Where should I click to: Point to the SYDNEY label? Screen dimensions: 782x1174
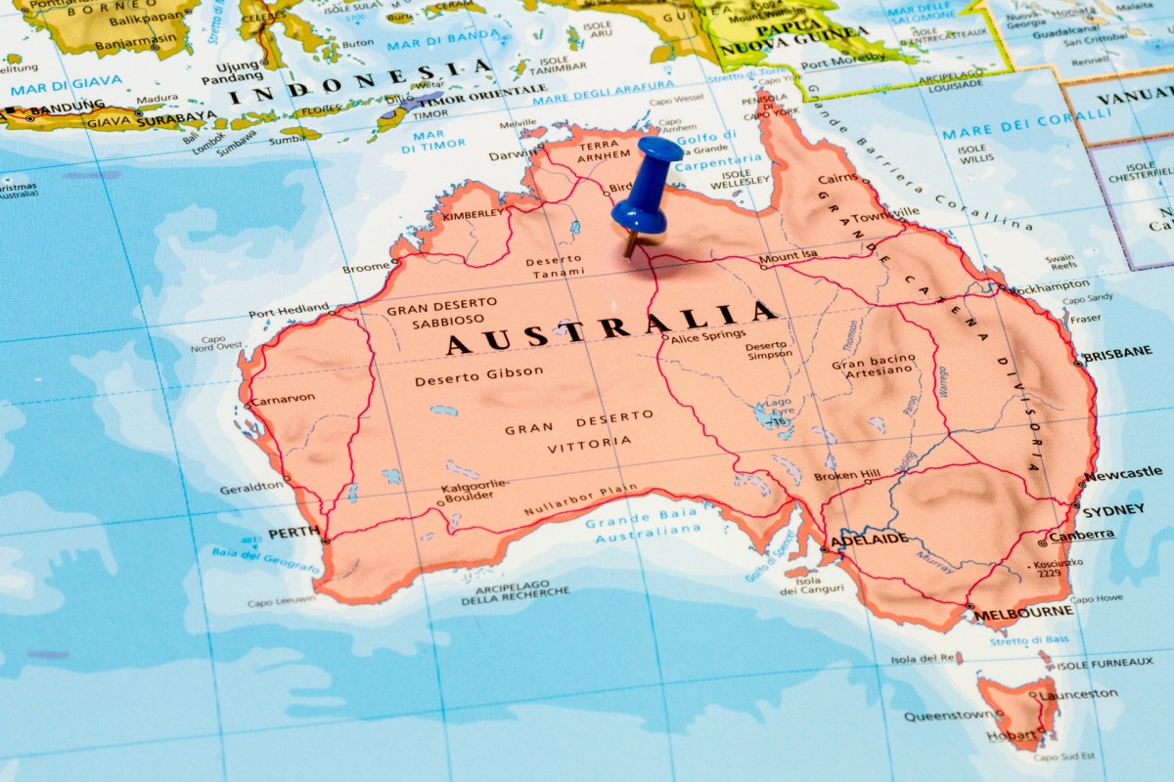pyautogui.click(x=1113, y=509)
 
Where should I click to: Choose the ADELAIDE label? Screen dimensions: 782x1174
pyautogui.click(x=869, y=539)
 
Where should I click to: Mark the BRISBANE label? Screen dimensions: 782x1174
pyautogui.click(x=1117, y=353)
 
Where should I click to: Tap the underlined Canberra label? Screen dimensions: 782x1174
pyautogui.click(x=1081, y=535)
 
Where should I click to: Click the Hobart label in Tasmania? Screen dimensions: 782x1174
pyautogui.click(x=1012, y=734)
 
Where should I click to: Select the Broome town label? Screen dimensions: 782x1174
pyautogui.click(x=365, y=268)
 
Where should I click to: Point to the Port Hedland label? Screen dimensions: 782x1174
pyautogui.click(x=289, y=312)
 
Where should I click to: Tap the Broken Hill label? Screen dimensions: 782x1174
pyautogui.click(x=847, y=476)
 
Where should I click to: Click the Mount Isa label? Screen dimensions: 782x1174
pyautogui.click(x=788, y=257)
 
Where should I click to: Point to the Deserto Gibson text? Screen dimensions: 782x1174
pyautogui.click(x=478, y=375)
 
